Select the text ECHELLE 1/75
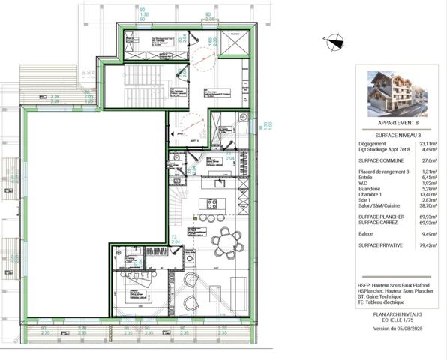point(397,320)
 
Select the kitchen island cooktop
point(211,203)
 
